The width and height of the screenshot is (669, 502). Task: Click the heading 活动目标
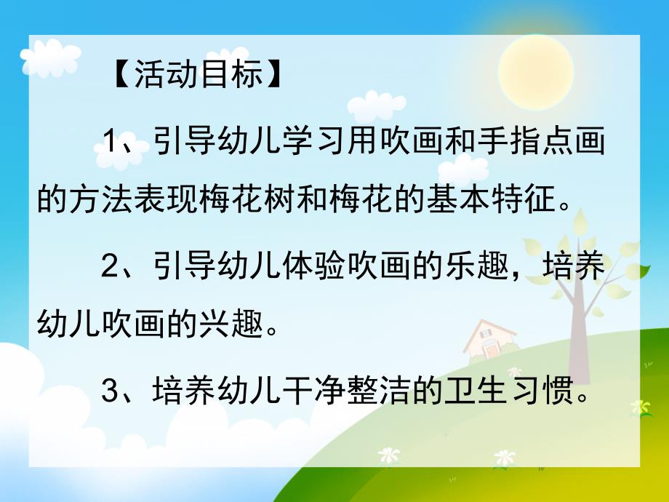(x=198, y=76)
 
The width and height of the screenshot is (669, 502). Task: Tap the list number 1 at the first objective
(x=110, y=138)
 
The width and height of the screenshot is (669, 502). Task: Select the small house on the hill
(x=489, y=338)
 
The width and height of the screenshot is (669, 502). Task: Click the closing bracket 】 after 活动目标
(x=276, y=76)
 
